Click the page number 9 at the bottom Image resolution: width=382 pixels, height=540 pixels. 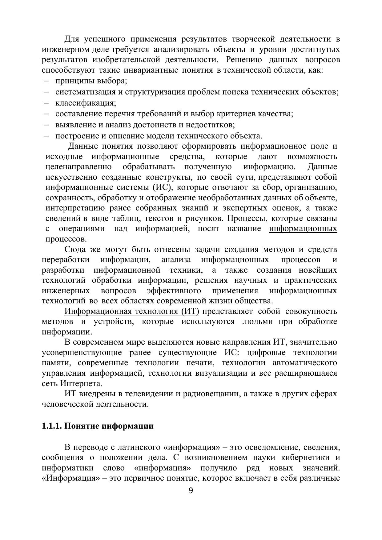(191, 491)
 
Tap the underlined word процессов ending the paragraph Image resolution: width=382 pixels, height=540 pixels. (65, 239)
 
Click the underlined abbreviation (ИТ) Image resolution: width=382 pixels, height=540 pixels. (188, 311)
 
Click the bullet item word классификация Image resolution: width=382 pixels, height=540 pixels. (85, 103)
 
